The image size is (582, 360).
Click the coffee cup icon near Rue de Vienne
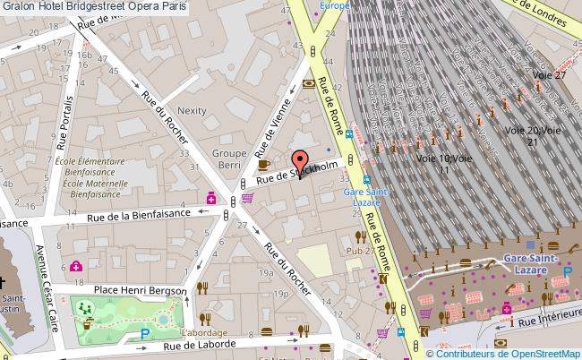tap(263, 165)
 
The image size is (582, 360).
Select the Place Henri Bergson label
tap(141, 290)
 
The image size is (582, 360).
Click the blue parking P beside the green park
tap(145, 334)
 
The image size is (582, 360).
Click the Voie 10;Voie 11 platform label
tap(442, 164)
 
